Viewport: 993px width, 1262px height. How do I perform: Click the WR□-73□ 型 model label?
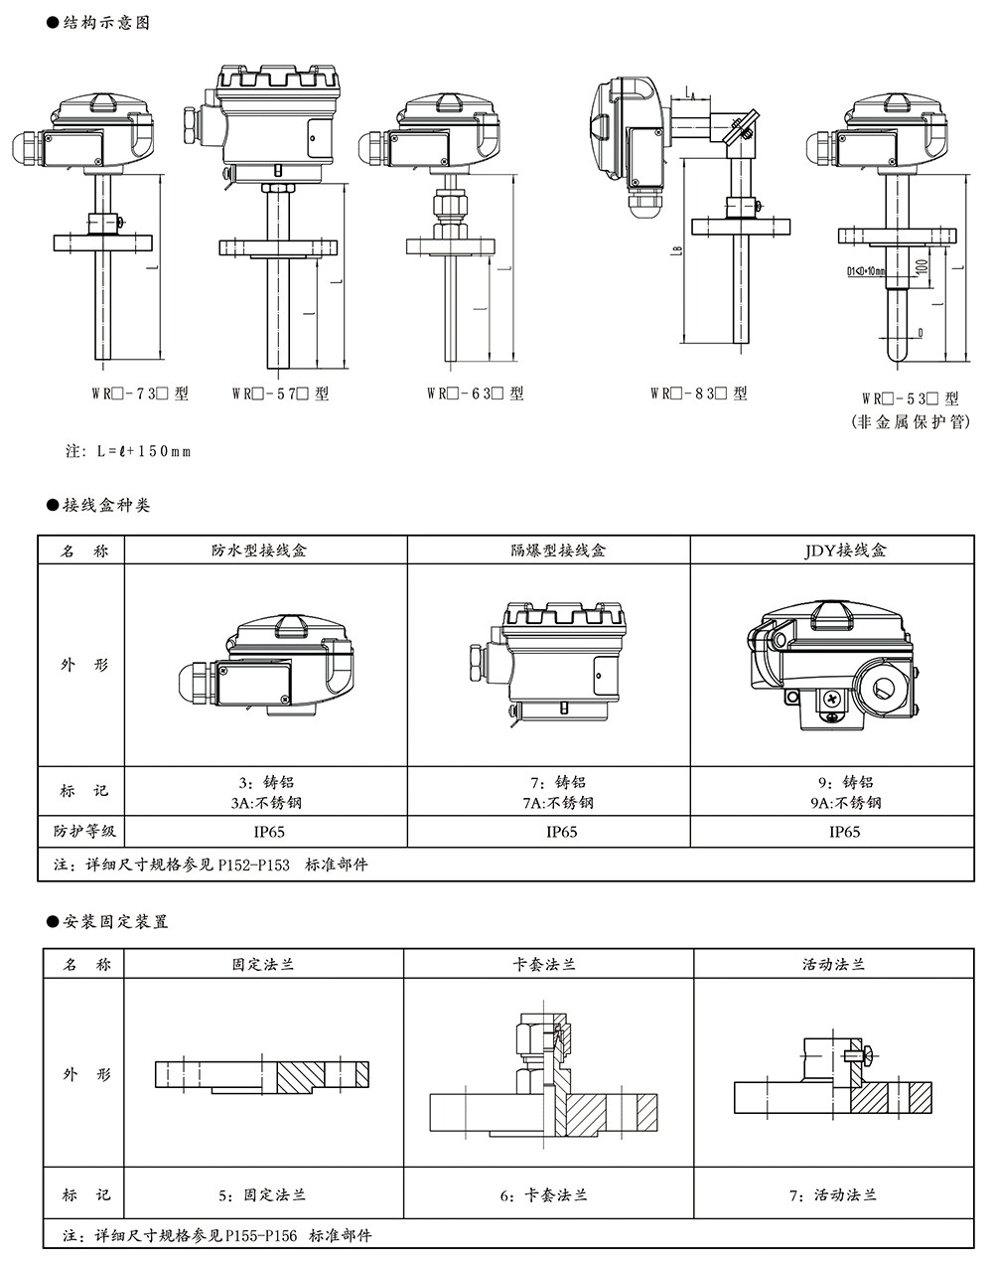[x=140, y=394]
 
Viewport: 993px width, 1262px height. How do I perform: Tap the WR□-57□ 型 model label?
[x=280, y=394]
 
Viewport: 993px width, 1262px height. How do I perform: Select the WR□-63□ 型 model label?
[x=476, y=394]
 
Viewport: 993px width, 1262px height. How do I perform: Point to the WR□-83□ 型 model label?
[x=698, y=394]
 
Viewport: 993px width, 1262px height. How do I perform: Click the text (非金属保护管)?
[x=911, y=421]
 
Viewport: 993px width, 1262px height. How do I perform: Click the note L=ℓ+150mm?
[x=128, y=451]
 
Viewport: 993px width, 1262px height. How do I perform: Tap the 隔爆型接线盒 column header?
[x=548, y=550]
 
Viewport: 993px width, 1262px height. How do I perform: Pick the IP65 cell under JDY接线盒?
[x=845, y=832]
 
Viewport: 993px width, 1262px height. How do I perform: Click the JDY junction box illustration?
[x=832, y=666]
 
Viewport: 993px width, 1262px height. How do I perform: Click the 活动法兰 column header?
[x=834, y=964]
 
